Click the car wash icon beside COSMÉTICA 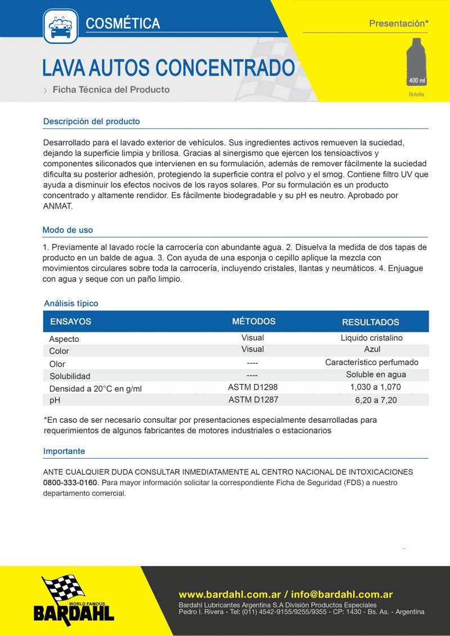61,26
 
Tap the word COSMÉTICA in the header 123,23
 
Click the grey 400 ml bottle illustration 417,62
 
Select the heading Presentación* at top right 399,24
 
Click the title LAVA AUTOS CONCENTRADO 168,68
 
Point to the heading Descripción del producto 91,121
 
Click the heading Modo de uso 67,230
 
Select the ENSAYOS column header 70,322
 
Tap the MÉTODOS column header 254,321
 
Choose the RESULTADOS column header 371,322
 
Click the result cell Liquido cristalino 372,338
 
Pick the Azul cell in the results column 372,349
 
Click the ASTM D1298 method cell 253,387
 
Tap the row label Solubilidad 70,376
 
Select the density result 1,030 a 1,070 375,387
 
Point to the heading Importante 64,451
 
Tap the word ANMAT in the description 57,206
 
